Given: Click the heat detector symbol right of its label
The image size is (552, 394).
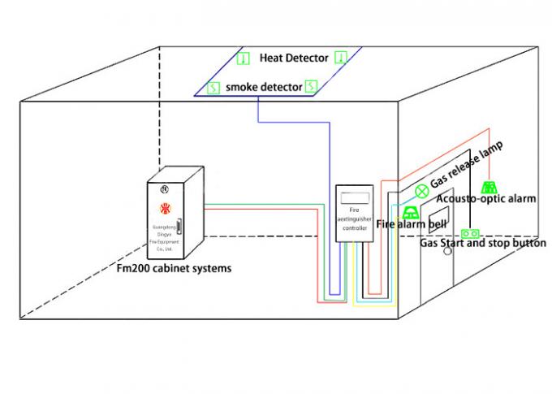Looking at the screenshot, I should click(x=341, y=58).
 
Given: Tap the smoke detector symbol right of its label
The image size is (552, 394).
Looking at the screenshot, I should click(x=310, y=84).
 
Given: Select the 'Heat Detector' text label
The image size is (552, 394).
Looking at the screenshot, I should click(x=294, y=58).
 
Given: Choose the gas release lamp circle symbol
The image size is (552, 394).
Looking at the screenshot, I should click(x=421, y=192).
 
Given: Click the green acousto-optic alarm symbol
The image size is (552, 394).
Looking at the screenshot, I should click(x=489, y=188).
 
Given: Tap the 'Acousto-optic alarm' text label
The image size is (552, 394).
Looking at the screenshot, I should click(x=485, y=200).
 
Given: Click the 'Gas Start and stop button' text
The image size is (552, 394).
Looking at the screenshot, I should click(x=482, y=243).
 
